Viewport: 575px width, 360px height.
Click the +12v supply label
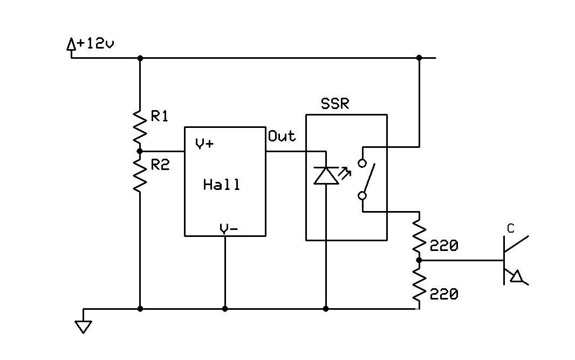95,44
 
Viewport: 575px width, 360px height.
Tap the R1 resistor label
160,117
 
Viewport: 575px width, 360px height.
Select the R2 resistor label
160,165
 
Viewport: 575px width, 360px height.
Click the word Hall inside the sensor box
222,184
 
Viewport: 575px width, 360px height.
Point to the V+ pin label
204,144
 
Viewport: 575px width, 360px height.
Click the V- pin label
229,229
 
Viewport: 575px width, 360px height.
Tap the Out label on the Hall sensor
282,136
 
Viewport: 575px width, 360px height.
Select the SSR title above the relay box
335,104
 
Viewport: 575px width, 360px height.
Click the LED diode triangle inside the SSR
326,175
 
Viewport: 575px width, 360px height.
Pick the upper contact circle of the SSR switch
362,164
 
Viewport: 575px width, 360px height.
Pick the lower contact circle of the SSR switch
362,195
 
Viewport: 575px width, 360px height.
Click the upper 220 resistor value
444,246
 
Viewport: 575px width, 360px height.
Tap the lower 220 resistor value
444,294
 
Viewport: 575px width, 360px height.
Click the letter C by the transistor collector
511,229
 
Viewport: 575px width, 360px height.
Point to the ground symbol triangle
83,327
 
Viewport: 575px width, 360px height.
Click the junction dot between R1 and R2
139,151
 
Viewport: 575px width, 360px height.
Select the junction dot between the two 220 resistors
419,260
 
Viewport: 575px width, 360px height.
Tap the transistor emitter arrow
517,276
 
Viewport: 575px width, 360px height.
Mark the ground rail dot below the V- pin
225,309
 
